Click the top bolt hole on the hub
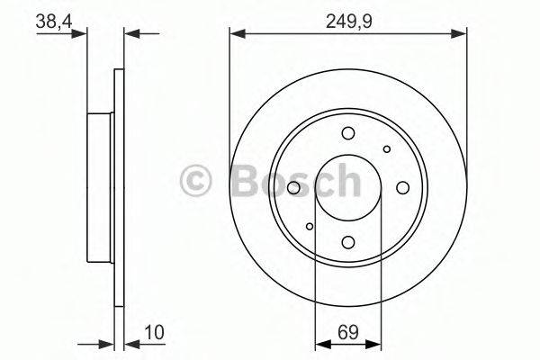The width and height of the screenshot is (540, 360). tap(348, 135)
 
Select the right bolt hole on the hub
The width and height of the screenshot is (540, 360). tap(401, 188)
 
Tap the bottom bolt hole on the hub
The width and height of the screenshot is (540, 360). tap(348, 240)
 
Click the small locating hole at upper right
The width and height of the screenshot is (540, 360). tap(386, 149)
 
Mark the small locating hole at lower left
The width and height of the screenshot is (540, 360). tap(310, 226)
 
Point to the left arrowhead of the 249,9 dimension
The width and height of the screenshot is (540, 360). tap(236, 34)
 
